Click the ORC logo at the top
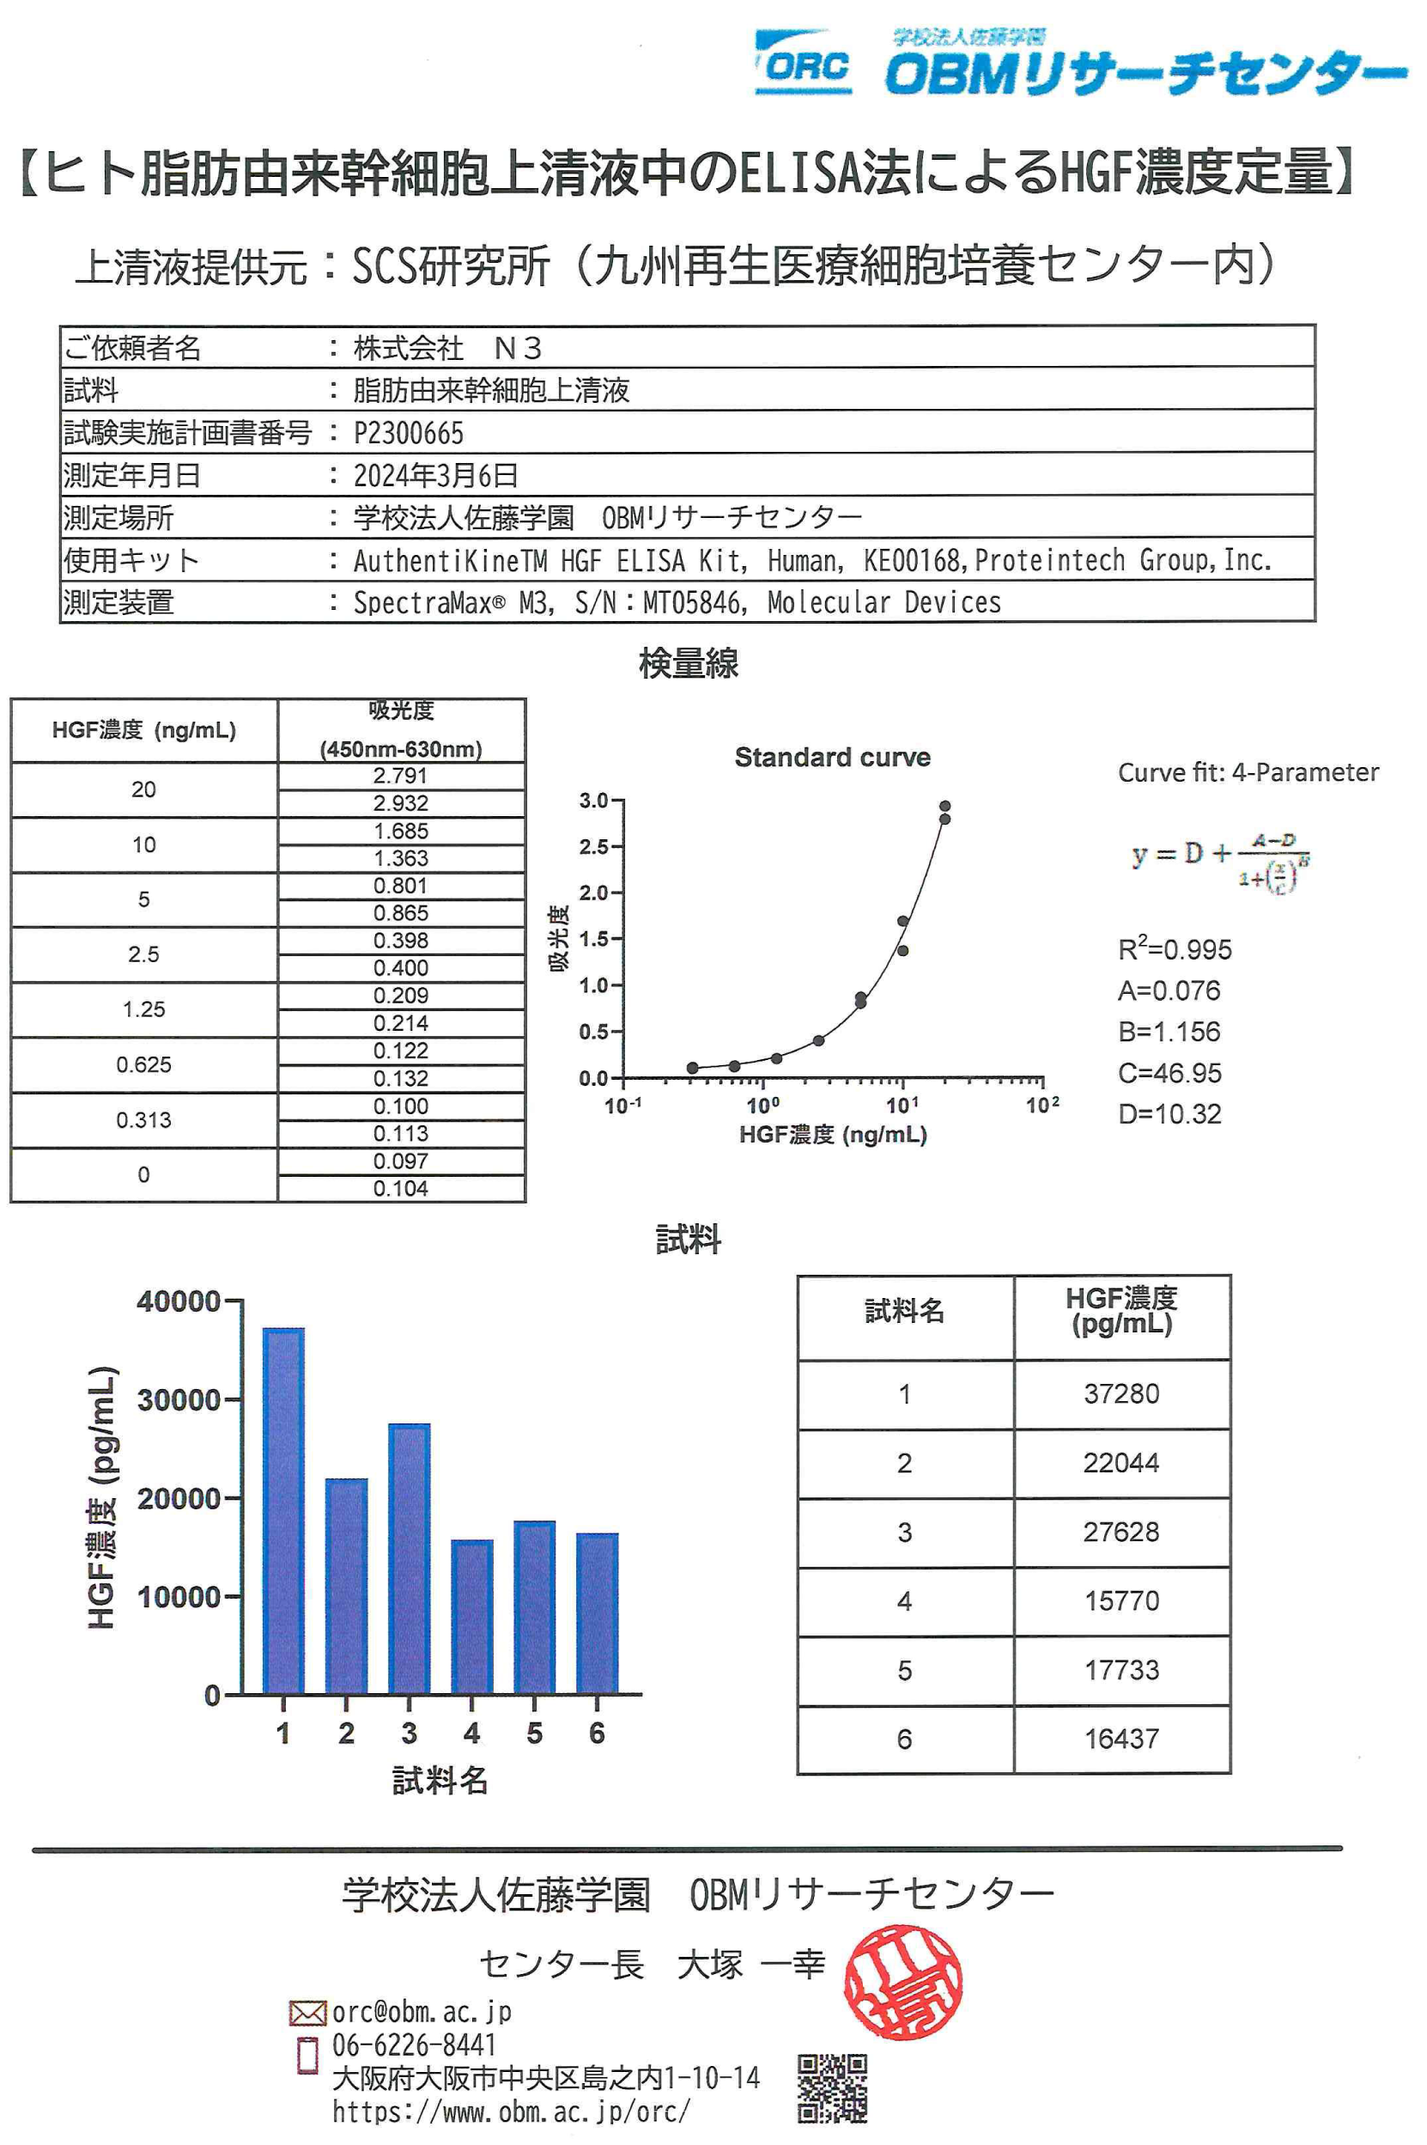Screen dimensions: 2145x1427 pos(803,64)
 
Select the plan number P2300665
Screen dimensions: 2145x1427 pos(408,432)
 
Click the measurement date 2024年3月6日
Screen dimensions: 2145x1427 pos(435,474)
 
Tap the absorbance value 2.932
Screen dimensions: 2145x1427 pos(400,803)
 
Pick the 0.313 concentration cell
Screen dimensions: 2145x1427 pos(143,1120)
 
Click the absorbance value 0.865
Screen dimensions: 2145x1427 pos(400,913)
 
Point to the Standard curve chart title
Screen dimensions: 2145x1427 pos(832,758)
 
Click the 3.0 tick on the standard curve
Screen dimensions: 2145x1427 pos(593,801)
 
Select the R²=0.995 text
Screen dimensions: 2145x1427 pos(1174,949)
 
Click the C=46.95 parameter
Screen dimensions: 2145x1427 pos(1169,1072)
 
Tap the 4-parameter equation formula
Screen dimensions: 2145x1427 pos(1219,861)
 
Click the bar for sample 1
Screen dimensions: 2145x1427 pos(283,1510)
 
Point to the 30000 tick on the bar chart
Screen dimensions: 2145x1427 pos(179,1399)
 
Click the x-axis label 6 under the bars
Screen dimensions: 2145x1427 pos(597,1733)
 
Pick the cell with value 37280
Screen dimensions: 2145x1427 pos(1121,1394)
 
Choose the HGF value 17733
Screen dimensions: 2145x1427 pos(1121,1670)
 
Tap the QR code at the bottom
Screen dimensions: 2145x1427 pos(832,2087)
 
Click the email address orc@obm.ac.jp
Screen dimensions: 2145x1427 pos(421,2011)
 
